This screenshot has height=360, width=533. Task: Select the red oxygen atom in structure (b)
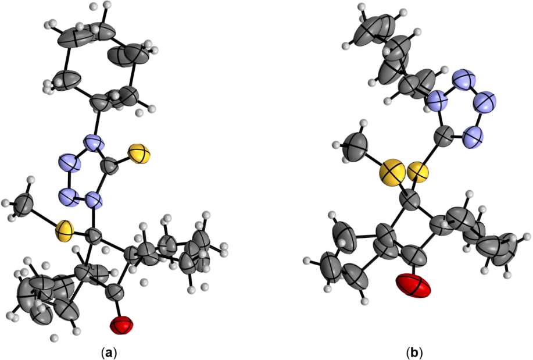[x=414, y=286]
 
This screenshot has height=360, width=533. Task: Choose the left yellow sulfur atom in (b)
[x=392, y=174]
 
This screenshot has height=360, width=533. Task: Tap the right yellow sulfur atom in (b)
[x=417, y=172]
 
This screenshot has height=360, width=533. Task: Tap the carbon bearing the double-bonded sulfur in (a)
[x=109, y=170]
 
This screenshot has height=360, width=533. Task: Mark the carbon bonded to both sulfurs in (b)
[x=411, y=203]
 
